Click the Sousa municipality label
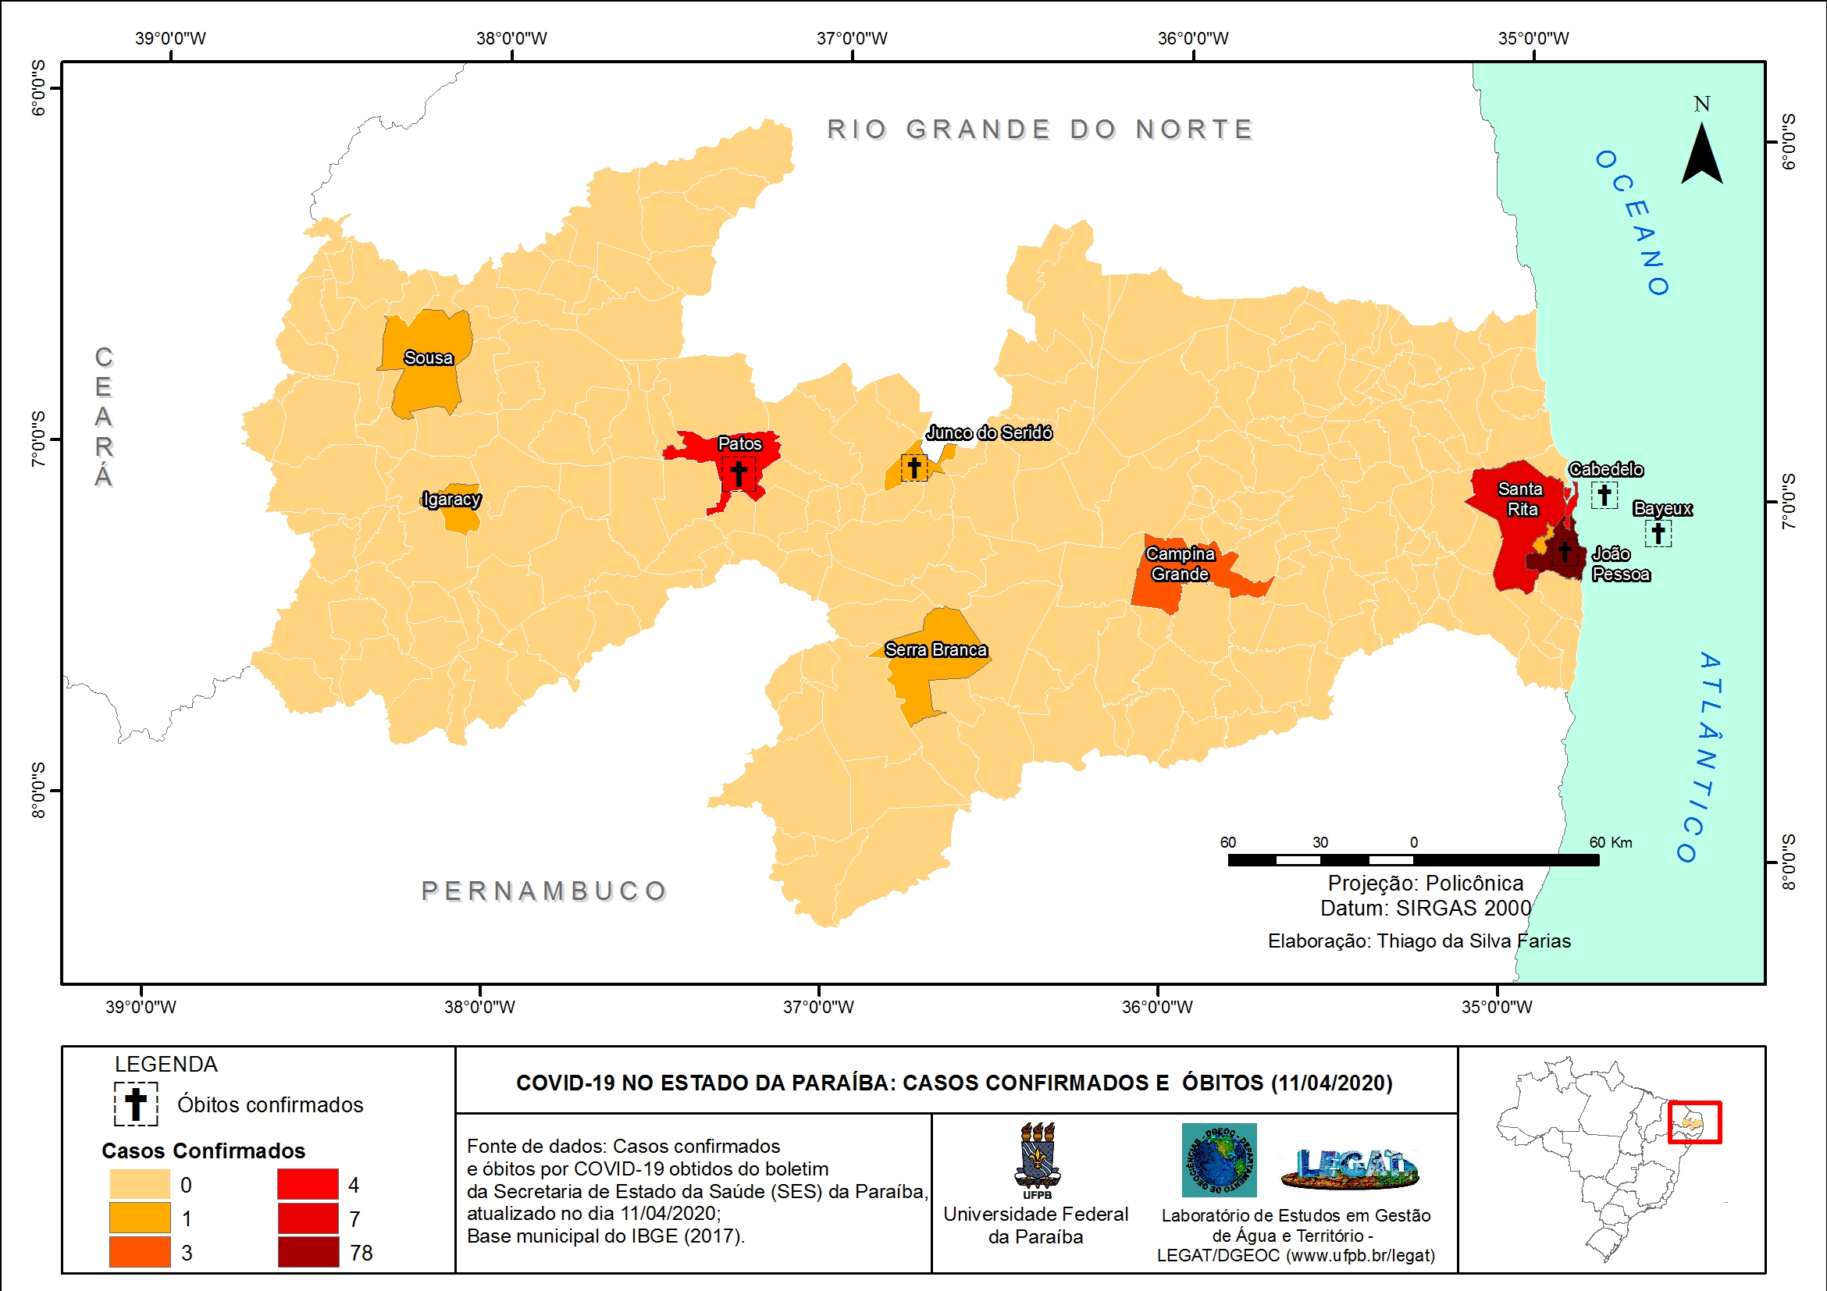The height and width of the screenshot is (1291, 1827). [x=428, y=358]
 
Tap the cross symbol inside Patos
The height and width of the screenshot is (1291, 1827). [x=739, y=473]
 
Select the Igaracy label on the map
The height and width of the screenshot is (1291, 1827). [x=451, y=500]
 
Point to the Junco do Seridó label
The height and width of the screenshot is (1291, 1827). [x=988, y=432]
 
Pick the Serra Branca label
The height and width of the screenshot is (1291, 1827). [x=936, y=650]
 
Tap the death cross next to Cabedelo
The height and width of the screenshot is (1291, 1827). [x=1604, y=495]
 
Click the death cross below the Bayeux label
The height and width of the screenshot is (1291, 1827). [x=1658, y=533]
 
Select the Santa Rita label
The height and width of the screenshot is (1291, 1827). [x=1521, y=499]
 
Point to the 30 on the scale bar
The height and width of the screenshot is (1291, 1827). [x=1320, y=842]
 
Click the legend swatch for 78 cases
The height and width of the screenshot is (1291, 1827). [x=308, y=1252]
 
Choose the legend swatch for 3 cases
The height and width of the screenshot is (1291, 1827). [x=140, y=1252]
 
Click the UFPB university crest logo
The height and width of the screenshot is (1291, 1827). [x=1037, y=1157]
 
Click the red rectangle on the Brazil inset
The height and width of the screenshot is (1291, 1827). [x=1694, y=1122]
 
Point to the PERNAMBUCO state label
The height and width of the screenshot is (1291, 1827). [x=544, y=891]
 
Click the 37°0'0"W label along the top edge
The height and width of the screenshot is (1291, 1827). [x=852, y=38]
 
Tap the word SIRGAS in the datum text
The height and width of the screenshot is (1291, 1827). [x=1438, y=908]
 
